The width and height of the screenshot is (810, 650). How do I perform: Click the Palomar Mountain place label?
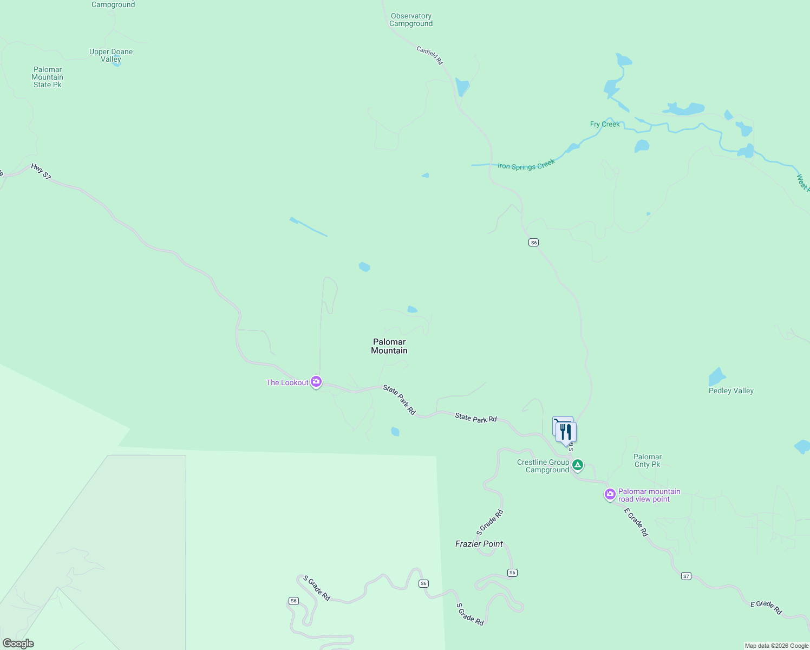tap(389, 346)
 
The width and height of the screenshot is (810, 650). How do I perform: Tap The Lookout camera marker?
tap(316, 382)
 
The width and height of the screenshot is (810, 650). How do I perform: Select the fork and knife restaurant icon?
tap(566, 432)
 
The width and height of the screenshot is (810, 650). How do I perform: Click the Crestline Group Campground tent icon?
tap(578, 465)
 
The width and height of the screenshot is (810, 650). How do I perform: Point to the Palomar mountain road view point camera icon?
tap(610, 494)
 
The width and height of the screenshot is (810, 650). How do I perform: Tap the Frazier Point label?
tap(479, 544)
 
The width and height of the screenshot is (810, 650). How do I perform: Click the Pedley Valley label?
tap(731, 391)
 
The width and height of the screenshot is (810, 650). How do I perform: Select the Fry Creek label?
tap(605, 124)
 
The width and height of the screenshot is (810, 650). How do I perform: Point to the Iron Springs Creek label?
tap(526, 165)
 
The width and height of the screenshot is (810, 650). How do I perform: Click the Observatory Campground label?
tap(411, 20)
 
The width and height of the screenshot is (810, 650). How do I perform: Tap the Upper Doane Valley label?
tap(111, 55)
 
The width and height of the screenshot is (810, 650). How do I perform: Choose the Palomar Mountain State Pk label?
tap(48, 77)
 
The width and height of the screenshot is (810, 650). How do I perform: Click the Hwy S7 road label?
tap(41, 171)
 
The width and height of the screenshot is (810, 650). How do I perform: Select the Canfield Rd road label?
tap(429, 55)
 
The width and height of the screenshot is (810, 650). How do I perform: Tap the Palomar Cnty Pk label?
tap(648, 460)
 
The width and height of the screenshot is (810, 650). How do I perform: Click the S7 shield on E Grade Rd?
tap(686, 576)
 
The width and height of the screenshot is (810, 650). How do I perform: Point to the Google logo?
tap(18, 643)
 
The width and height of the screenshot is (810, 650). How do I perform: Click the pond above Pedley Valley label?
tap(717, 376)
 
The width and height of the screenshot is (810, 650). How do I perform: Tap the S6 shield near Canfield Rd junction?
tap(534, 243)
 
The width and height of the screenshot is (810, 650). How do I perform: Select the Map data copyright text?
tap(776, 646)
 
